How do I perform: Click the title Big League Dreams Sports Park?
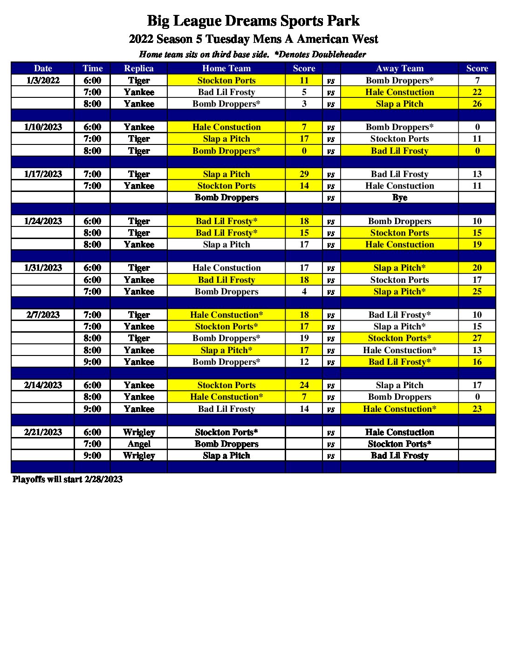click(x=253, y=21)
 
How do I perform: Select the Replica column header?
click(x=139, y=68)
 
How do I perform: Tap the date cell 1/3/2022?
click(x=43, y=80)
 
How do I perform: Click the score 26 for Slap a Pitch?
click(x=477, y=104)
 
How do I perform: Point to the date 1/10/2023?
click(x=43, y=127)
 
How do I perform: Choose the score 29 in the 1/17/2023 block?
click(x=304, y=174)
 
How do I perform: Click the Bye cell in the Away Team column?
click(x=399, y=198)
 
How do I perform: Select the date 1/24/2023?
click(x=43, y=221)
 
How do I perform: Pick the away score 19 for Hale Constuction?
click(x=477, y=245)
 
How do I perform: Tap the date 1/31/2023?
click(x=43, y=268)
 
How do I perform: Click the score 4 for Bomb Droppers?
click(x=304, y=292)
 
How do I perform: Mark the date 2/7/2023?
click(x=43, y=315)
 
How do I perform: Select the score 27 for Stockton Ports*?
click(x=477, y=338)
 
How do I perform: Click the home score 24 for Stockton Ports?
click(x=304, y=385)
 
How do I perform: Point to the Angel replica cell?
click(x=139, y=444)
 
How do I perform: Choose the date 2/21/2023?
click(x=43, y=432)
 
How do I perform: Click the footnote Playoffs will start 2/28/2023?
click(x=68, y=479)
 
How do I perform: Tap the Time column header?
click(x=92, y=68)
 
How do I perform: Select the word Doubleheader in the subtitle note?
click(x=339, y=55)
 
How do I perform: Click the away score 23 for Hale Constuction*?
click(x=477, y=409)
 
